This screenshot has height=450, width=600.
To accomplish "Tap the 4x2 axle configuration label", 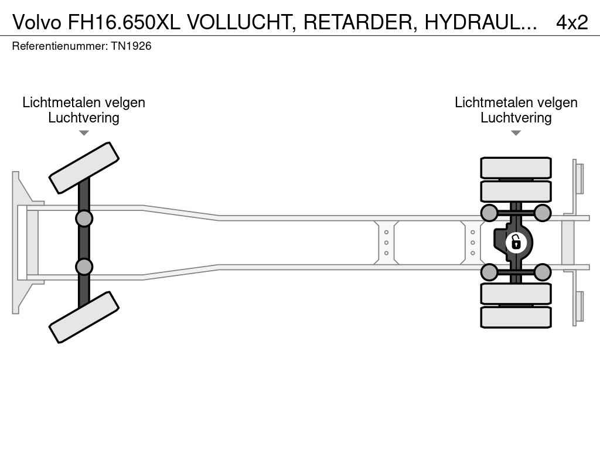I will (x=571, y=22).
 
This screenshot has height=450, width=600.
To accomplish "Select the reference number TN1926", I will (x=131, y=46).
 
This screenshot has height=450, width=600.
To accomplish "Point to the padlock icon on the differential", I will (x=516, y=242).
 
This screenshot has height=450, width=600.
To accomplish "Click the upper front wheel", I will (x=84, y=168).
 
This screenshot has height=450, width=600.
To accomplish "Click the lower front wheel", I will (x=84, y=317).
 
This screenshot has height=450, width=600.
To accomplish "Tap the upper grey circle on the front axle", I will (x=84, y=219).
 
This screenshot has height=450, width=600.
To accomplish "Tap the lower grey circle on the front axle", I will (x=84, y=267).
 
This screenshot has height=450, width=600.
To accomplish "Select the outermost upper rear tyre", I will (x=516, y=168).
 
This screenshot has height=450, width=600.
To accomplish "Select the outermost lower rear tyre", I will (x=516, y=317).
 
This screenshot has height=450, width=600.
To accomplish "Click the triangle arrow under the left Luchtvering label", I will (x=84, y=133).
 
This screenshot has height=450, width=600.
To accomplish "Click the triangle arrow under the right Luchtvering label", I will (x=516, y=133).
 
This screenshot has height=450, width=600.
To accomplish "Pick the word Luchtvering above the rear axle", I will (x=516, y=118).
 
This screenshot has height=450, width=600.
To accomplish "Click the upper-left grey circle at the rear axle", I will (x=489, y=213).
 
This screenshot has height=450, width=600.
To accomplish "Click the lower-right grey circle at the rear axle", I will (x=543, y=272).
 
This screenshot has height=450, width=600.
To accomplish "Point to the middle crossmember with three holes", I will (x=387, y=243).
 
